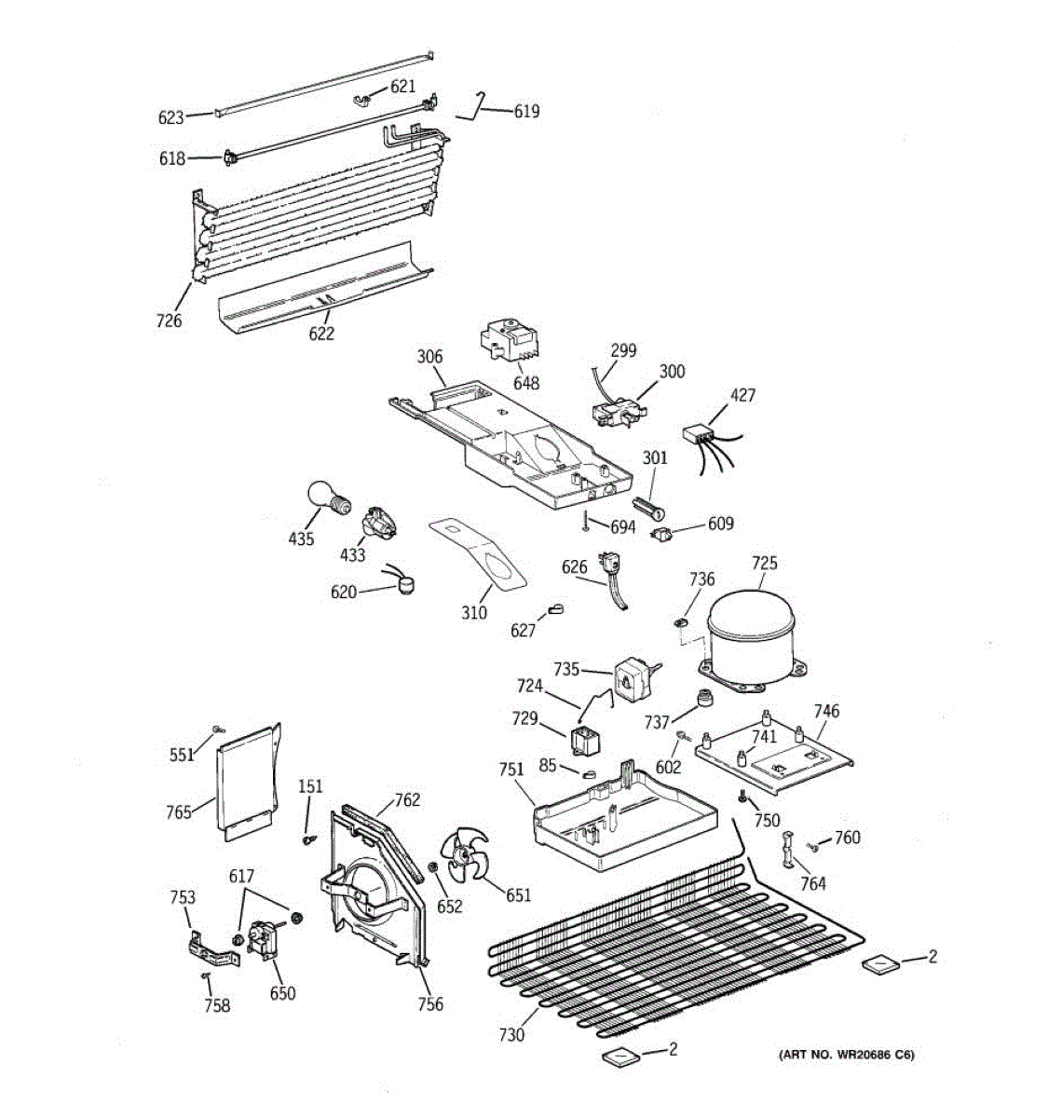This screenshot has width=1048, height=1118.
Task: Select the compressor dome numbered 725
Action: click(x=753, y=634)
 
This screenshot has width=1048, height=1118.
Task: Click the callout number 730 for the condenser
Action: click(x=511, y=1034)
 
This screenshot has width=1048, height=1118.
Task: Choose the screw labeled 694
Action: click(x=586, y=524)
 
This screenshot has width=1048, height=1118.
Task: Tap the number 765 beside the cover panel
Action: click(x=179, y=811)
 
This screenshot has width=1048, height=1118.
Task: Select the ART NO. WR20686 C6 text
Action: click(x=846, y=1055)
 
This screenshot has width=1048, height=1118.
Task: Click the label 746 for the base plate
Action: click(x=826, y=712)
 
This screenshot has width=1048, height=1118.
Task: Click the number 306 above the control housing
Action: click(x=429, y=357)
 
